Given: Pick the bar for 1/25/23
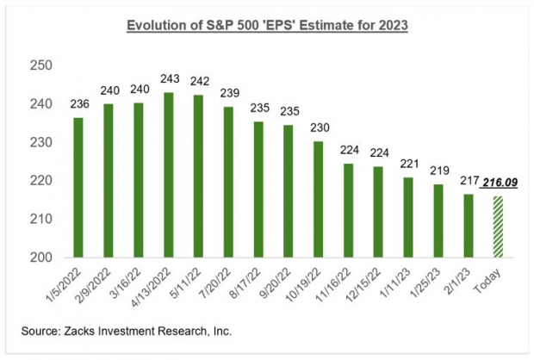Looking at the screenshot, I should point(439,220).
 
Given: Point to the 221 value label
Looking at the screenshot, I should point(408,164).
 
